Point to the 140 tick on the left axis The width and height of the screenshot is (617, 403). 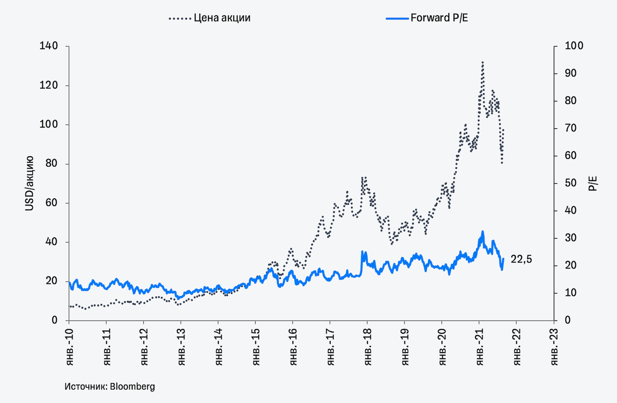pos(48,46)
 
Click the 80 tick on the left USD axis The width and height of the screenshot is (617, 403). pos(51,164)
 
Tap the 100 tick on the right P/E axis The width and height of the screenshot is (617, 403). pos(574,46)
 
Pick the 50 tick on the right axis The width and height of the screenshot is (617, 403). pos(570,183)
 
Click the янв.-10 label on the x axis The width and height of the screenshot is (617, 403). pos(70,347)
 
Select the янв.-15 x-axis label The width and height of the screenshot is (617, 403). pos(256,347)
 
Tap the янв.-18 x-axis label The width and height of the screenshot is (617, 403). pos(368,347)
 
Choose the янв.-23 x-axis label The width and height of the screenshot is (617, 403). pos(554,347)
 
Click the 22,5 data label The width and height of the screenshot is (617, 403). pos(521,259)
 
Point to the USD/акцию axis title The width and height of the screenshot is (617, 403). pos(29,183)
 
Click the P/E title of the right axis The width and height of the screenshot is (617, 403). pos(593,183)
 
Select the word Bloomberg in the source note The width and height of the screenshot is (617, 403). pos(132,386)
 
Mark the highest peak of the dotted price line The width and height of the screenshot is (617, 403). pos(482,62)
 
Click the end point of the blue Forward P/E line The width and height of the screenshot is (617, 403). pos(503,259)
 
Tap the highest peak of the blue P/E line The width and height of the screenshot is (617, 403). pos(482,232)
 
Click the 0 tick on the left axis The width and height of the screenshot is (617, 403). pos(54,320)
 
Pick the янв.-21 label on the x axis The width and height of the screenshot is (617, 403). pos(480,347)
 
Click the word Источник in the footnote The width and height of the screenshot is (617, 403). pos(85,386)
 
